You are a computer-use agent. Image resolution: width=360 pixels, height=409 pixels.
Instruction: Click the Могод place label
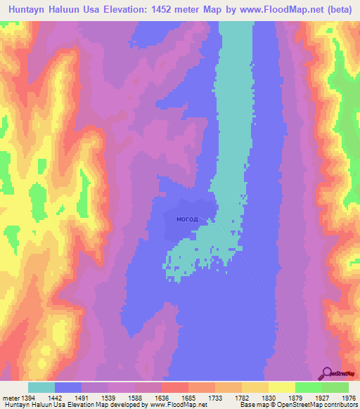click(187, 219)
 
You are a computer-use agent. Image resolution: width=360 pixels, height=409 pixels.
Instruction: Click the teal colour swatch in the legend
click(41, 387)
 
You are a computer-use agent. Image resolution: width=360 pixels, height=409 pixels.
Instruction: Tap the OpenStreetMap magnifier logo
click(328, 373)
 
